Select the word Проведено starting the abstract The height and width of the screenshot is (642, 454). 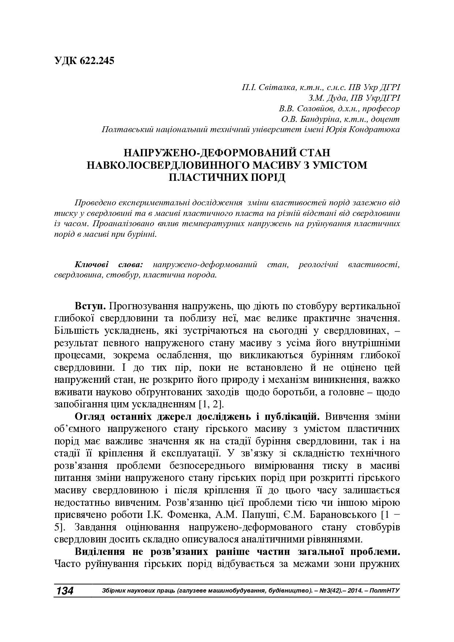click(96, 203)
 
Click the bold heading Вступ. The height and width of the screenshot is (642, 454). click(90, 306)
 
